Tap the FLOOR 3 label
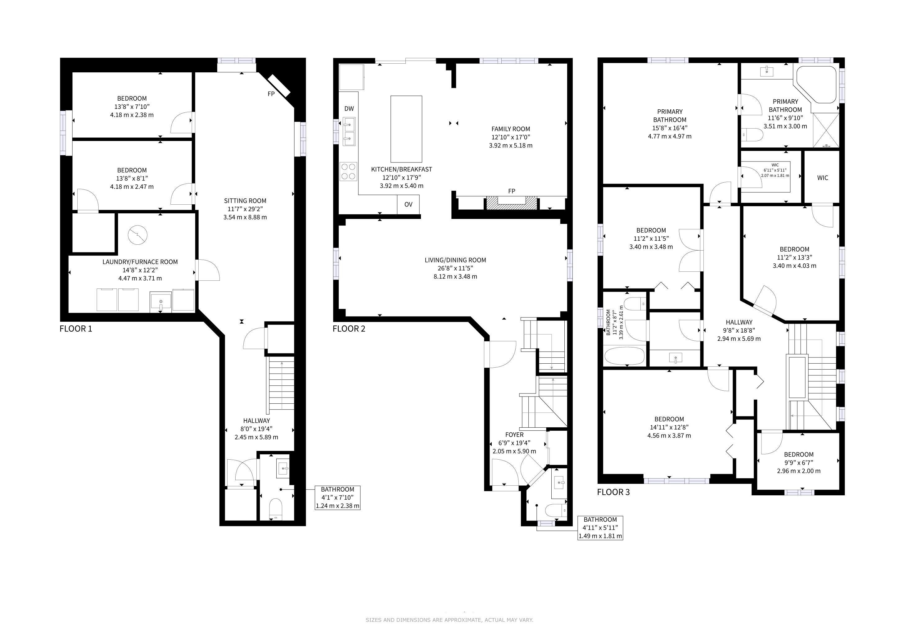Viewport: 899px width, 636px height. pyautogui.click(x=613, y=492)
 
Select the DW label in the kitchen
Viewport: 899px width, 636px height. pyautogui.click(x=349, y=108)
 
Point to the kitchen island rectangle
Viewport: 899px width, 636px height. pyautogui.click(x=406, y=129)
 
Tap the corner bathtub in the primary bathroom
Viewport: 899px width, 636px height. pyautogui.click(x=815, y=84)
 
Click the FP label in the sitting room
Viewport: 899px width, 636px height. pyautogui.click(x=271, y=94)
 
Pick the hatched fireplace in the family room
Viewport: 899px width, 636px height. pyautogui.click(x=511, y=202)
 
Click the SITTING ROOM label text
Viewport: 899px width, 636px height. pyautogui.click(x=245, y=201)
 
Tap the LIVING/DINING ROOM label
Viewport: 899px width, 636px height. pyautogui.click(x=455, y=260)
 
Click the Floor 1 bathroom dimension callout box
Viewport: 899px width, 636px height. pyautogui.click(x=337, y=497)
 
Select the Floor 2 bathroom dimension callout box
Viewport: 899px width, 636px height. pyautogui.click(x=600, y=528)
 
